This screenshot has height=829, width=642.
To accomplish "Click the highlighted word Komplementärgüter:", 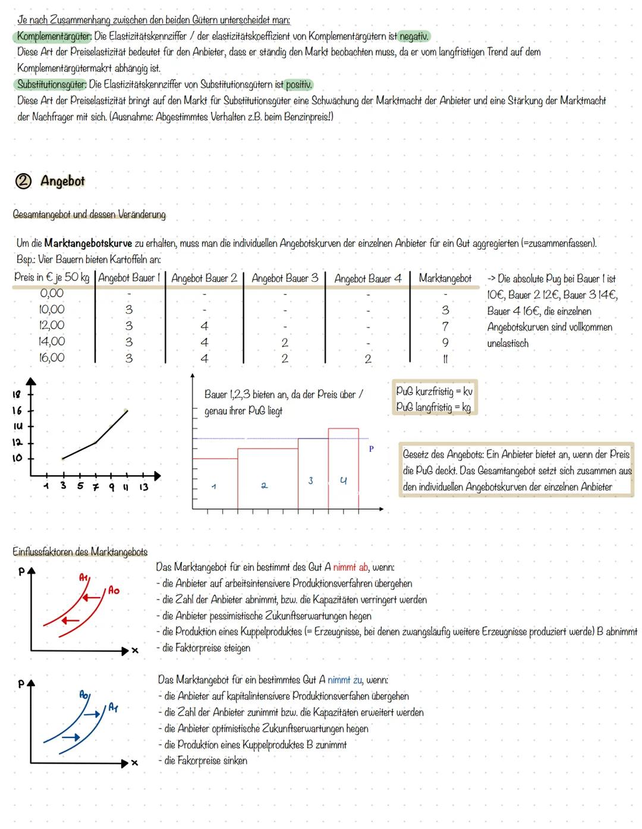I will (x=53, y=36).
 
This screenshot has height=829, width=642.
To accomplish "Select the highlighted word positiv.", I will (x=299, y=84).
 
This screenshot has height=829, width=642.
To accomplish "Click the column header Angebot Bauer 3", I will (x=285, y=278).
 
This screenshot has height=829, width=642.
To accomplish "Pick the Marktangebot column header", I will (x=445, y=278).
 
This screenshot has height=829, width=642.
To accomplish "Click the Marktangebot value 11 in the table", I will (x=445, y=359).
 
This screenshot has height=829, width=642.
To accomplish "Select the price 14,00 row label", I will (x=52, y=342).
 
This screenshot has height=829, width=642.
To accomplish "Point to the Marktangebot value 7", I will (x=445, y=326).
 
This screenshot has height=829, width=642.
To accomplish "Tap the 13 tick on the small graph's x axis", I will (x=143, y=487).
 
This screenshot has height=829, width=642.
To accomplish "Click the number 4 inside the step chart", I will (x=343, y=481).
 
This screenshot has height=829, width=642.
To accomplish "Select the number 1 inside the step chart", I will (x=214, y=486).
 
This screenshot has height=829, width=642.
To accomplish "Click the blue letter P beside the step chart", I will (x=371, y=449).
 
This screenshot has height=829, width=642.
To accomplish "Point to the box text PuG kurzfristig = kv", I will (x=434, y=392).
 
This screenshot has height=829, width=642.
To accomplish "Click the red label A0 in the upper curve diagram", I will (x=113, y=591).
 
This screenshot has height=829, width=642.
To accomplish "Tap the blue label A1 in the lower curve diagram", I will (x=114, y=707).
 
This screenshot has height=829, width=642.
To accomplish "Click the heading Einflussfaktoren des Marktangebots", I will (x=80, y=552).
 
